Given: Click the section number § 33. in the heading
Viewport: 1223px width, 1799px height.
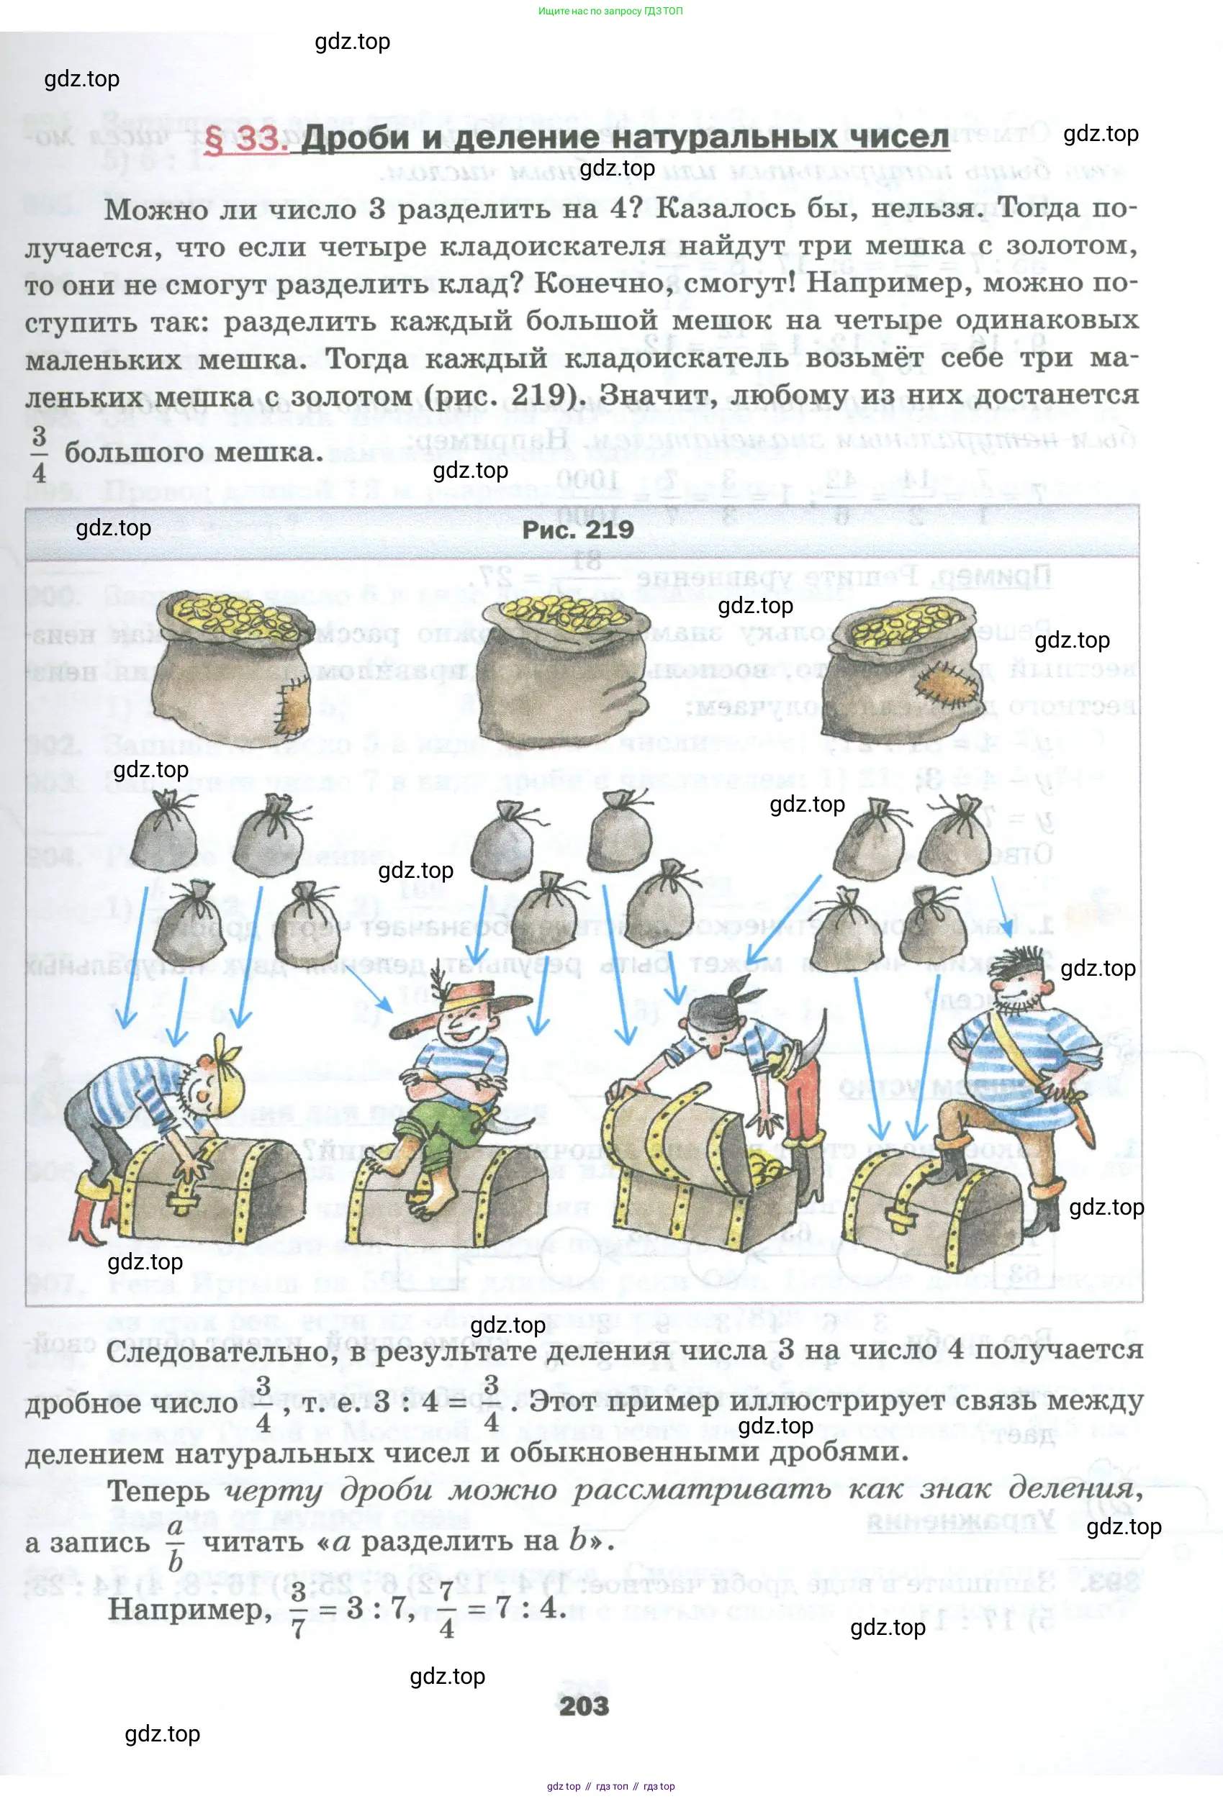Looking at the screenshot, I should (245, 140).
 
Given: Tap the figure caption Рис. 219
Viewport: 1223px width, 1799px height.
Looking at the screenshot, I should (577, 530).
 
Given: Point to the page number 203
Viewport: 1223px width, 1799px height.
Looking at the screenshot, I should (584, 1706).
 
